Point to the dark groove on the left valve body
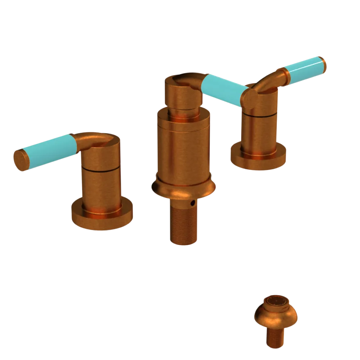(x=101, y=170)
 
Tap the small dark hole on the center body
(x=194, y=204)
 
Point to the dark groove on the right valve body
(x=259, y=116)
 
